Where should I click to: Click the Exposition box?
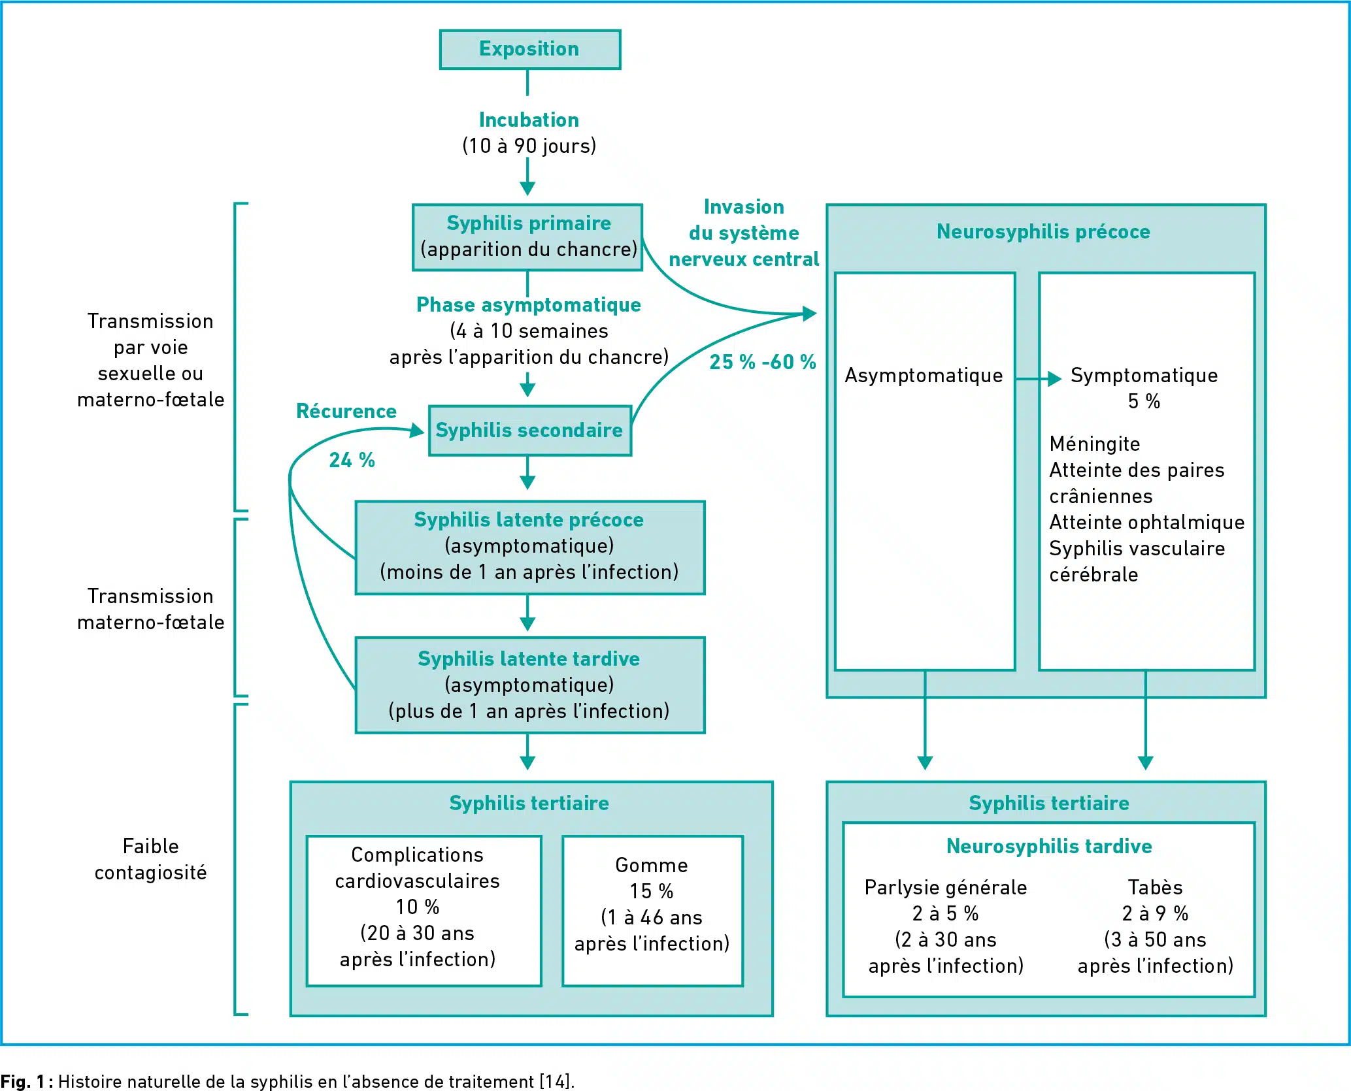tap(530, 49)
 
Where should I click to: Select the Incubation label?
tap(529, 120)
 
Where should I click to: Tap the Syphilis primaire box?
tap(527, 237)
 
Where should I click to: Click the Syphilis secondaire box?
tap(530, 431)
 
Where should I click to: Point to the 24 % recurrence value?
tap(352, 460)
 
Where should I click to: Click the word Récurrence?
tap(346, 411)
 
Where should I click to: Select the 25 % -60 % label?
tap(763, 362)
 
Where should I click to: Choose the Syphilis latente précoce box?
tap(530, 547)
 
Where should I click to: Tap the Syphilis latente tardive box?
tap(530, 685)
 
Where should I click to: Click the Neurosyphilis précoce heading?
tap(1043, 231)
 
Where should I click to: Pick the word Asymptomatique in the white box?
tap(924, 376)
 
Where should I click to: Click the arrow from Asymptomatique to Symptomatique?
tap(1039, 378)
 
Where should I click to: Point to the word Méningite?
tap(1095, 444)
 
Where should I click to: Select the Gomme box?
tap(652, 911)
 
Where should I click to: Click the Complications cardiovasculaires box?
tap(424, 911)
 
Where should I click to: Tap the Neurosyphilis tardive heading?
tap(1049, 846)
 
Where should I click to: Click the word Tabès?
tap(1155, 887)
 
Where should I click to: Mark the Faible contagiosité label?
tap(151, 859)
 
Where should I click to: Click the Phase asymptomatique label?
tap(529, 305)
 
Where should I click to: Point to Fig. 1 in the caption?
tap(23, 1081)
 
